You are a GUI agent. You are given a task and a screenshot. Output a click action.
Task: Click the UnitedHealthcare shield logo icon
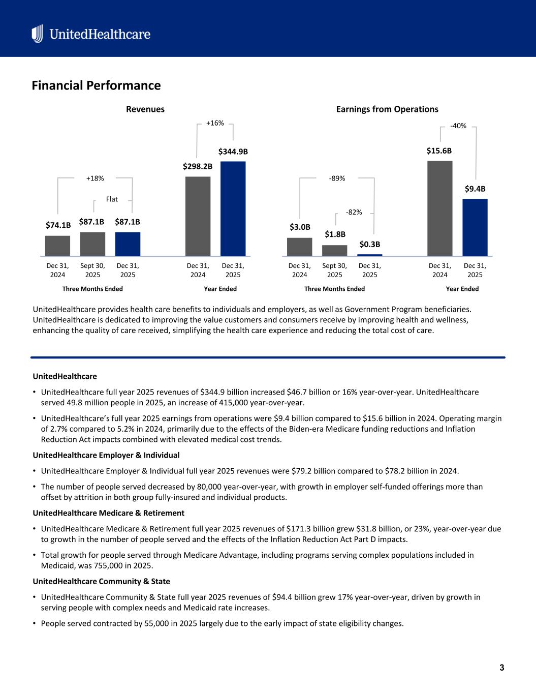tap(37, 34)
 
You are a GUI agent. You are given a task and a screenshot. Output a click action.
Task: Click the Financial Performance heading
tap(96, 85)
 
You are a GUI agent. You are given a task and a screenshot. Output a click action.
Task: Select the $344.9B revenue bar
tap(233, 208)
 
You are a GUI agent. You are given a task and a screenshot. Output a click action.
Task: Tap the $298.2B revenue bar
tap(198, 216)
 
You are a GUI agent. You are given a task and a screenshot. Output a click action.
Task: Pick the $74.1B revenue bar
tap(58, 246)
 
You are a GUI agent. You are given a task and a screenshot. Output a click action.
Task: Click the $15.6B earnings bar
tap(440, 208)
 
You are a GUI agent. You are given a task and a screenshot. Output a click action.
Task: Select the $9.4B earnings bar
tap(475, 227)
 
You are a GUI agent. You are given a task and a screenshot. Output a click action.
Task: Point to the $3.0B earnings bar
tap(300, 247)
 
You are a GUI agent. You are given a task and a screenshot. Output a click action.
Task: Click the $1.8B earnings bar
tap(335, 250)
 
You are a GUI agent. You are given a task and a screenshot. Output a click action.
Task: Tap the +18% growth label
tap(95, 178)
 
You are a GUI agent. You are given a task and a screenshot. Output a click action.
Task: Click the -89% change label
tap(337, 178)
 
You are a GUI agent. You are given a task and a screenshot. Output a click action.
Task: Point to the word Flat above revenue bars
tap(112, 199)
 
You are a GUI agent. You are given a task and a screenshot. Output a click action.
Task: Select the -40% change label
tap(458, 126)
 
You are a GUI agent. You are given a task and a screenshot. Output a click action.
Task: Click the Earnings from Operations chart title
tap(387, 109)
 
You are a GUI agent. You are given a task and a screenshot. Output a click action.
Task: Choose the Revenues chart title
tap(145, 109)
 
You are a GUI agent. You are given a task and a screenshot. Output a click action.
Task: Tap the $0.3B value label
tap(370, 245)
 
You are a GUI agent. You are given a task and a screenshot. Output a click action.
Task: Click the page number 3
tap(501, 668)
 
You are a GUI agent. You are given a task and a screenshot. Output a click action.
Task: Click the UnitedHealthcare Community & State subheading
tap(102, 581)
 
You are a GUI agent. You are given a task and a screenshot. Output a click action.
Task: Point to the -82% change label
tap(354, 212)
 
